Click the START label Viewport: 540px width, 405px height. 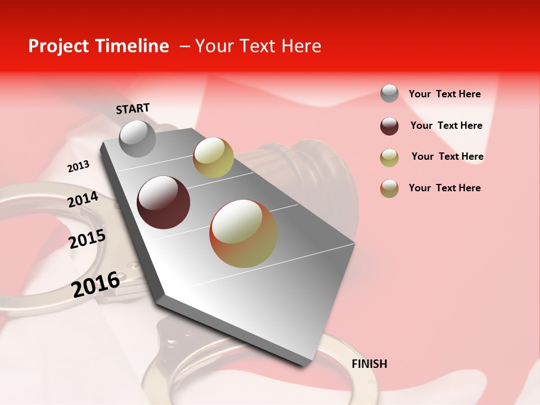click(x=133, y=109)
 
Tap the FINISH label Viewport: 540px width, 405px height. click(x=370, y=364)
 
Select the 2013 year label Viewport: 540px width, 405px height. click(x=78, y=166)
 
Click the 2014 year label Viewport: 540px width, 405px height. click(x=83, y=200)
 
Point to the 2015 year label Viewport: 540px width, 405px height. click(x=87, y=239)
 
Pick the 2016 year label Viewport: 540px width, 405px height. click(x=96, y=284)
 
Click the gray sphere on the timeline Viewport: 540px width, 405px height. click(x=137, y=138)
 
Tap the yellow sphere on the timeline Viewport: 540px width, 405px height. click(x=213, y=157)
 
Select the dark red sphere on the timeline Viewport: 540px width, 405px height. click(x=164, y=202)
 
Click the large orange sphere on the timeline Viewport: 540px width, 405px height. click(x=244, y=233)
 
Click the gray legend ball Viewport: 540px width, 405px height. click(x=389, y=94)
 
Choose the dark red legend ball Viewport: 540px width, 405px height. click(x=389, y=126)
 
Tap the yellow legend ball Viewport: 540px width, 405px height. click(x=389, y=157)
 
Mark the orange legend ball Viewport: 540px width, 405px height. click(x=389, y=188)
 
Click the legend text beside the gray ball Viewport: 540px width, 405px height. click(x=444, y=94)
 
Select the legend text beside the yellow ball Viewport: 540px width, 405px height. click(x=447, y=156)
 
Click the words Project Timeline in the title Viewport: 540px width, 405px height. click(x=98, y=46)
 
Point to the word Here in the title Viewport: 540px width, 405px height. click(x=301, y=46)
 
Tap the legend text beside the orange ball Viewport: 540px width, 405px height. click(x=444, y=188)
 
